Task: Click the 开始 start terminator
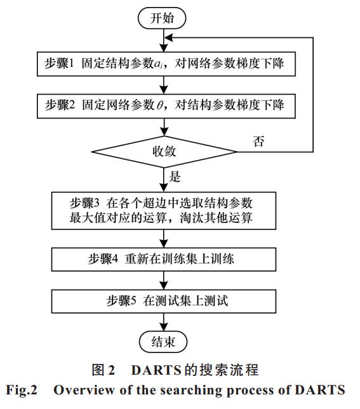click(x=162, y=18)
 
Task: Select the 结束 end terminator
click(x=163, y=342)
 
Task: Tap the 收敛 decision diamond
click(x=164, y=152)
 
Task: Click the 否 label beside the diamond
click(x=258, y=141)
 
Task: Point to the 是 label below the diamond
click(x=175, y=177)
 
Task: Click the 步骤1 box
click(x=166, y=64)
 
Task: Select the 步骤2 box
click(x=166, y=106)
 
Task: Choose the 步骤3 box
click(x=164, y=211)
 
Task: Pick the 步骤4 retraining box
click(x=164, y=259)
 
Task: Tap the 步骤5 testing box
click(x=164, y=301)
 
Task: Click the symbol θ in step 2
click(x=159, y=105)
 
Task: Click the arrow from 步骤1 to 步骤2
click(x=164, y=85)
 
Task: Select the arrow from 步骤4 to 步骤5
click(x=164, y=281)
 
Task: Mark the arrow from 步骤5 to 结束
click(x=164, y=322)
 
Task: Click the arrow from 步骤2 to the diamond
click(x=164, y=127)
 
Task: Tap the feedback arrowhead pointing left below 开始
click(x=169, y=38)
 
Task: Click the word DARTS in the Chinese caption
click(x=156, y=370)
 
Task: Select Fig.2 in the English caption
click(x=22, y=391)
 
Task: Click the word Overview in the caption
click(x=84, y=390)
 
